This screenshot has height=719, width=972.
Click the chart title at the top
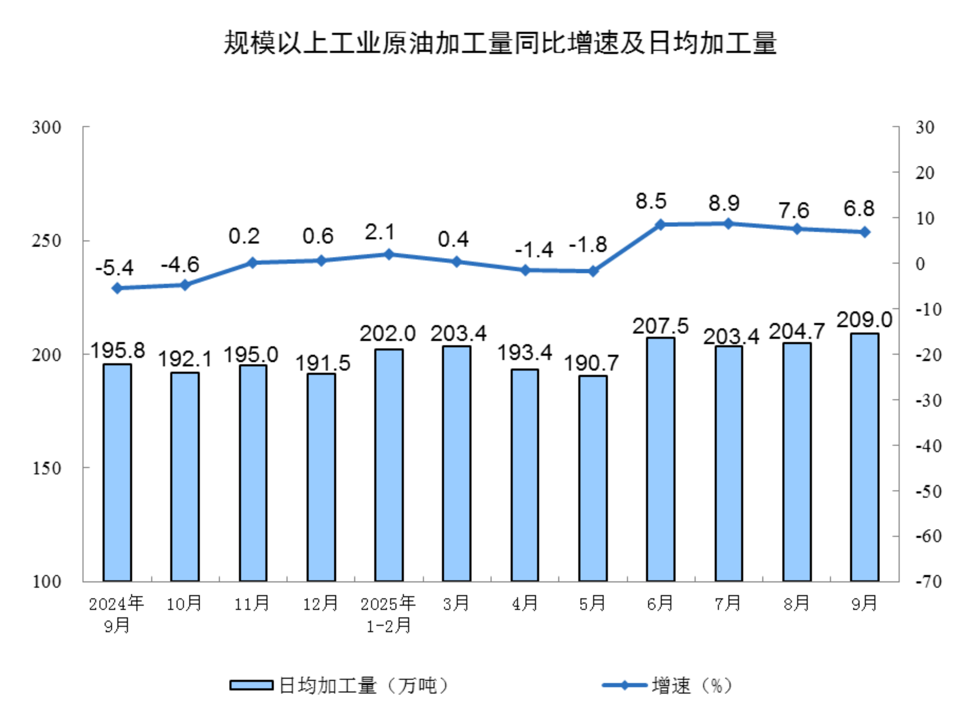coord(500,43)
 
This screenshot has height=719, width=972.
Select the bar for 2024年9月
coord(117,473)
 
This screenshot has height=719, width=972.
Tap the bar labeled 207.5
coord(661,459)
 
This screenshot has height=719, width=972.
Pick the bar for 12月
coord(321,478)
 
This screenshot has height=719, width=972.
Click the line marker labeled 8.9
coord(728,224)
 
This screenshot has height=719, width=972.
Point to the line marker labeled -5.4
coord(117,288)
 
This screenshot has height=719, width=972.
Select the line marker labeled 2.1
coord(389,255)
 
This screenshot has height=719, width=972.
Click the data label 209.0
coord(864,320)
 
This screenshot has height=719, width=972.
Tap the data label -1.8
coord(588,245)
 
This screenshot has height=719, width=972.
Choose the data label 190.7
coord(592,363)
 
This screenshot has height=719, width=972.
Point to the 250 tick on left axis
coord(47,241)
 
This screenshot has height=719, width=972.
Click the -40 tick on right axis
coord(928,446)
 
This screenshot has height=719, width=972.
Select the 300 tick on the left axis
coord(47,127)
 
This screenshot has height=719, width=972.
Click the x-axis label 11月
coord(252,604)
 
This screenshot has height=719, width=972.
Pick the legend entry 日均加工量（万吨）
coord(339,686)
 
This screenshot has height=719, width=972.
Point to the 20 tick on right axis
coord(924,173)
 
